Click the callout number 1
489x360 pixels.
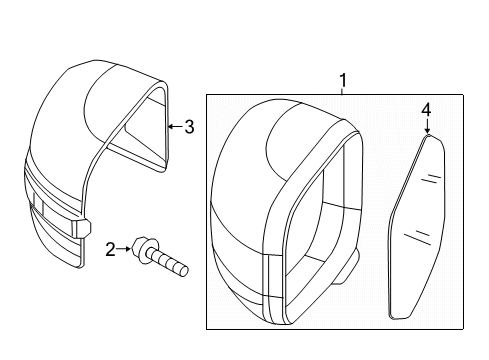pos(342,80)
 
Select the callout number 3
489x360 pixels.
pos(187,126)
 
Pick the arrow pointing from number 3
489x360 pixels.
pos(173,126)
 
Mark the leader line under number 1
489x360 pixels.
pos(342,91)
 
